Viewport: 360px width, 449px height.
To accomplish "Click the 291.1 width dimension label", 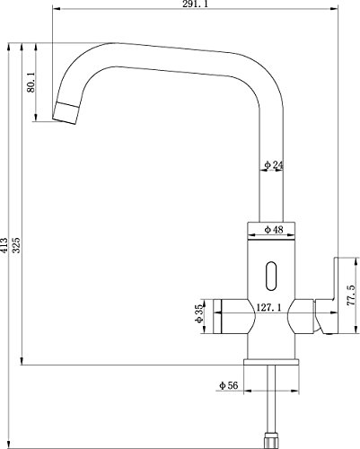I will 194,6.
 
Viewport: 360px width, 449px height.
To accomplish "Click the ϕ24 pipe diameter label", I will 274,164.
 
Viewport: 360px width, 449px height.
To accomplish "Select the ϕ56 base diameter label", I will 226,385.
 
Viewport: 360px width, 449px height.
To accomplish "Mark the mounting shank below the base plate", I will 271,395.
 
